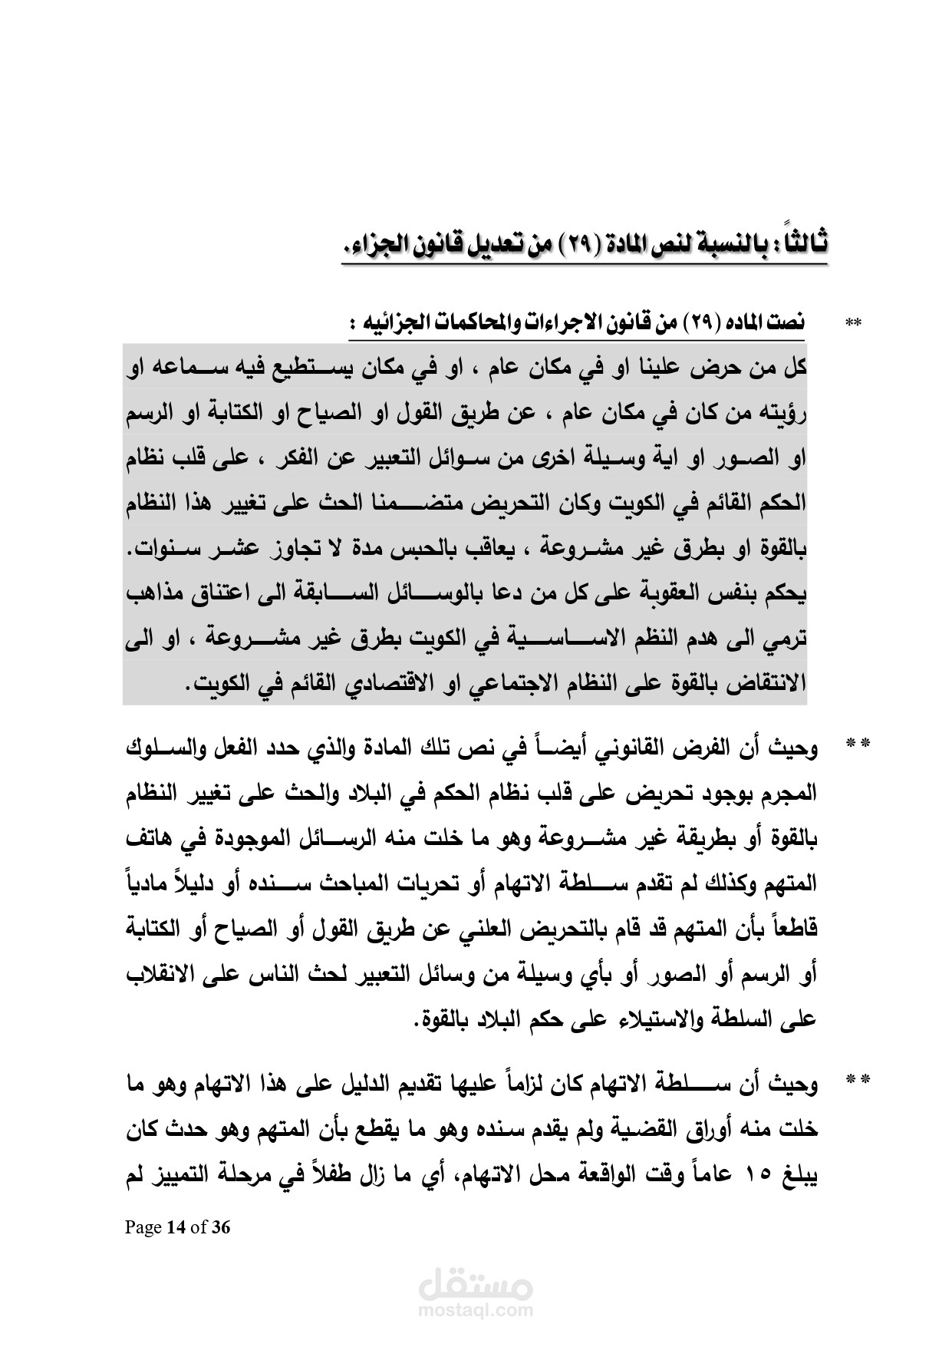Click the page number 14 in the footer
(x=176, y=1227)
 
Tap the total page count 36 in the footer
(x=221, y=1227)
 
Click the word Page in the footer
(x=143, y=1227)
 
